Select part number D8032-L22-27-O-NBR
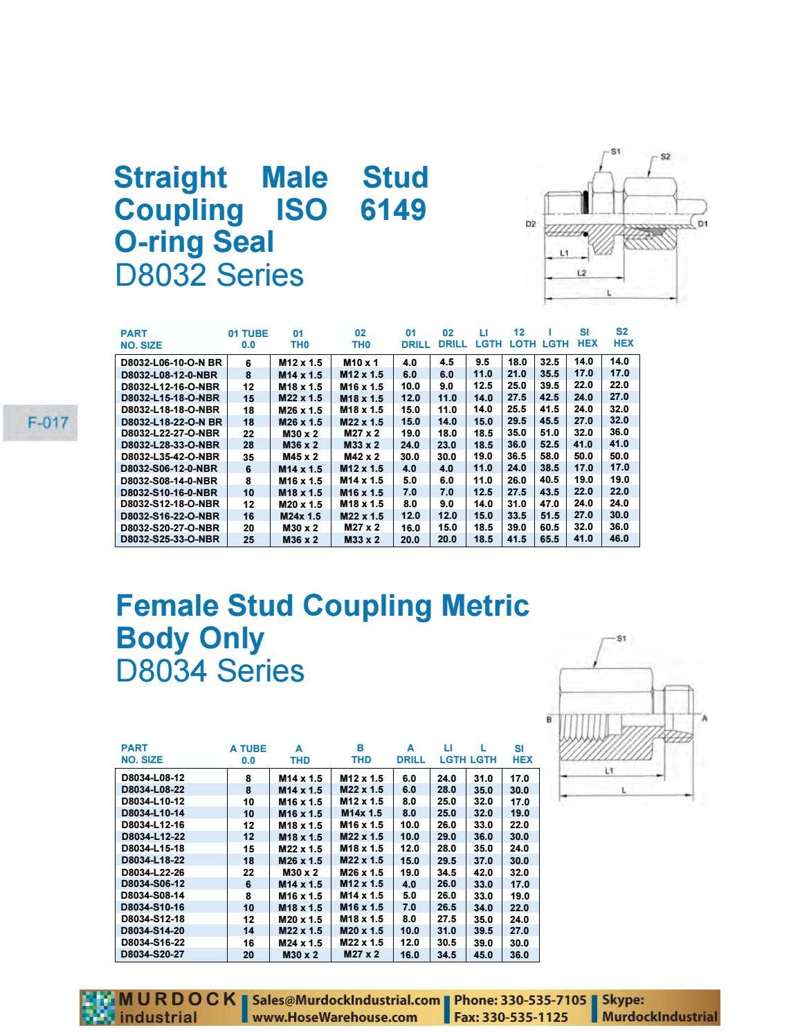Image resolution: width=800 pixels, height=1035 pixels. coord(170,433)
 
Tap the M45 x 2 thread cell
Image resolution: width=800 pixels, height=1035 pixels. coord(300,457)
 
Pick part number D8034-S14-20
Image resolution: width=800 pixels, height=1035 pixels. coord(152,931)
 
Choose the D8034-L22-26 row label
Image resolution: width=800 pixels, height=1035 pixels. coord(152,872)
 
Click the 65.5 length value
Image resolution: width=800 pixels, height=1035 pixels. coord(549,539)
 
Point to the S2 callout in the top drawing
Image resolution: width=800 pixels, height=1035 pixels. coord(665,156)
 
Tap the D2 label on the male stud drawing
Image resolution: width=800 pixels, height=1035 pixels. coord(530,224)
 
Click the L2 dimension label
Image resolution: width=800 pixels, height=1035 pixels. coord(581,273)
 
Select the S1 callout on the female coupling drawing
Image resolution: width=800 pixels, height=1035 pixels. coord(621,639)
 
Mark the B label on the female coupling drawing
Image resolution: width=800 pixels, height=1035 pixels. coord(549,720)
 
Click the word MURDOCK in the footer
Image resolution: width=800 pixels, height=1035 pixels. coord(177,999)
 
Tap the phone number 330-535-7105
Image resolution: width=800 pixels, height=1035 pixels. coord(544,1000)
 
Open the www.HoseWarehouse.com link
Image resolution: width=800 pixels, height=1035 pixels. coord(334,1018)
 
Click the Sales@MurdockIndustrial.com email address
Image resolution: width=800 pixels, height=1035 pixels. coord(346,1000)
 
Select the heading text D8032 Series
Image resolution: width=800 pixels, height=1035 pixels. coord(209,275)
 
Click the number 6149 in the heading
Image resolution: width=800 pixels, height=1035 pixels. coord(393,210)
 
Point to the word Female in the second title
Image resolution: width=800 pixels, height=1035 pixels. coord(167,605)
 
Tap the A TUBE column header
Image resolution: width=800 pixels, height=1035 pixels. coord(248,749)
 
